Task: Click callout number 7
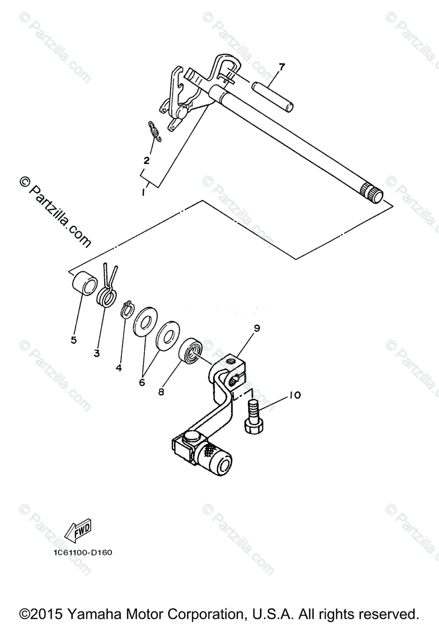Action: (281, 67)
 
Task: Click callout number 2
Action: (146, 160)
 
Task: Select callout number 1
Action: (143, 193)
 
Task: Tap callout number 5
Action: (73, 340)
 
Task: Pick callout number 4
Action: (119, 368)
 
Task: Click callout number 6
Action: (142, 382)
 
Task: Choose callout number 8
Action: (161, 392)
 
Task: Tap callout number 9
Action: (257, 328)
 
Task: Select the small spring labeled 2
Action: (155, 130)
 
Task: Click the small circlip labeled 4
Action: (126, 309)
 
